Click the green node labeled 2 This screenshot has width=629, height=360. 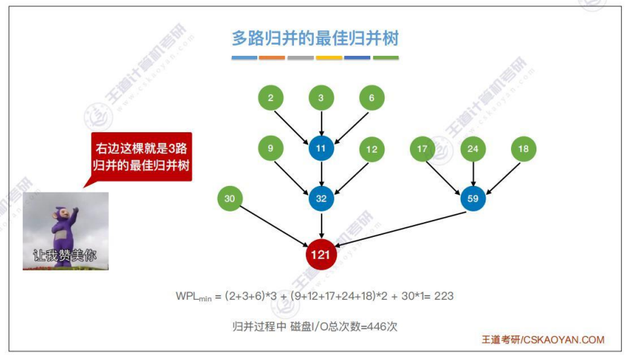271,98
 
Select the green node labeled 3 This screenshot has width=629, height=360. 321,98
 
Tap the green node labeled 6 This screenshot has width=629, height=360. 372,98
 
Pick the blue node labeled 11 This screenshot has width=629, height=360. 321,149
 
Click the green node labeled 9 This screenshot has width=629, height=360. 271,149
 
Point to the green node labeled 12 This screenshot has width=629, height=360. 372,149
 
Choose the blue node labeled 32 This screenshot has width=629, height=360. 321,199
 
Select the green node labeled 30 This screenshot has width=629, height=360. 229,199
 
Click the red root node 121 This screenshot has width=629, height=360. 321,255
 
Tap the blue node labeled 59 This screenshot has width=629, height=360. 473,199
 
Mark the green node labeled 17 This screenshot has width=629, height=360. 423,149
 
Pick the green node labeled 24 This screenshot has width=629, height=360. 473,149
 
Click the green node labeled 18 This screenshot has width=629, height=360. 524,149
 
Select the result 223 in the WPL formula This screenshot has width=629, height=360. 444,296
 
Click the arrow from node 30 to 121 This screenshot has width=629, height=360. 272,225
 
